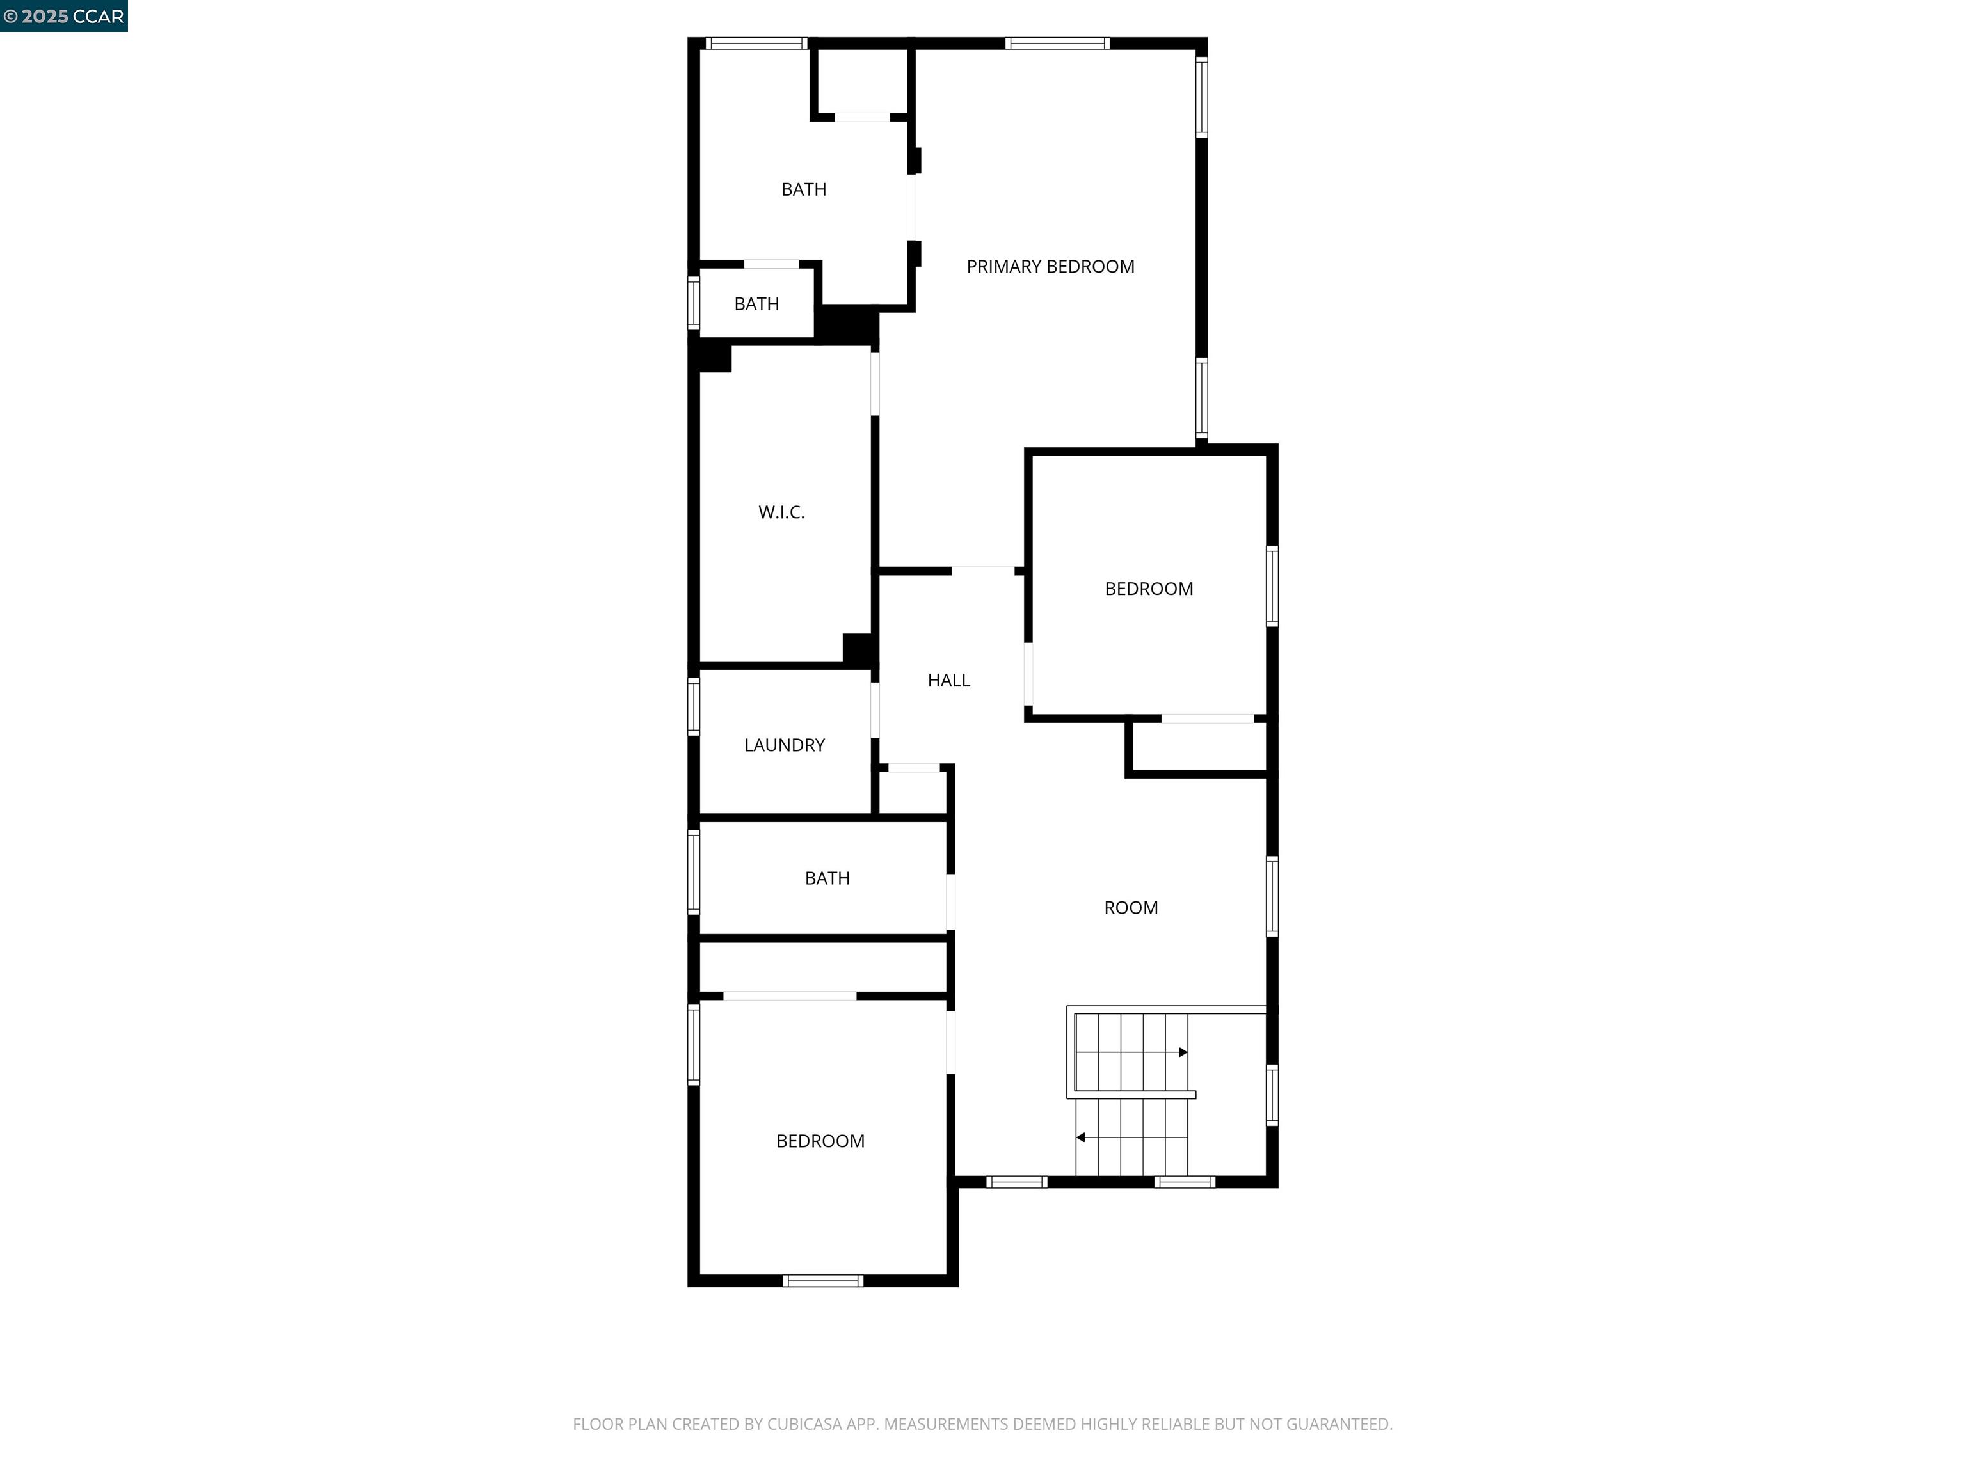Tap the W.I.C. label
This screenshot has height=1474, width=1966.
[x=781, y=512]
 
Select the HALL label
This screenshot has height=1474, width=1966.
[x=948, y=681]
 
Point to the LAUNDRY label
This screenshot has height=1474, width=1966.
[x=784, y=745]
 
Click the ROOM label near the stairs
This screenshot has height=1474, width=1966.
[x=1131, y=908]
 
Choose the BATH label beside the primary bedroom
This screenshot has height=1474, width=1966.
[x=803, y=189]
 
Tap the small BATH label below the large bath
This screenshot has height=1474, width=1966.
[x=756, y=304]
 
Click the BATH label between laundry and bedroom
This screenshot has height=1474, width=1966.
[x=827, y=879]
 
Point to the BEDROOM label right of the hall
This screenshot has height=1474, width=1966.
[x=1148, y=589]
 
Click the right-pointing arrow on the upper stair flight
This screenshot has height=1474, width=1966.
[x=1182, y=1053]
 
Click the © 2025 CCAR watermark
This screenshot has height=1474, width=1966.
[x=63, y=16]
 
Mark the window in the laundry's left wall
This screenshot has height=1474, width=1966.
[x=693, y=706]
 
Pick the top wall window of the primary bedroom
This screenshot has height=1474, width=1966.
[x=1057, y=43]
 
